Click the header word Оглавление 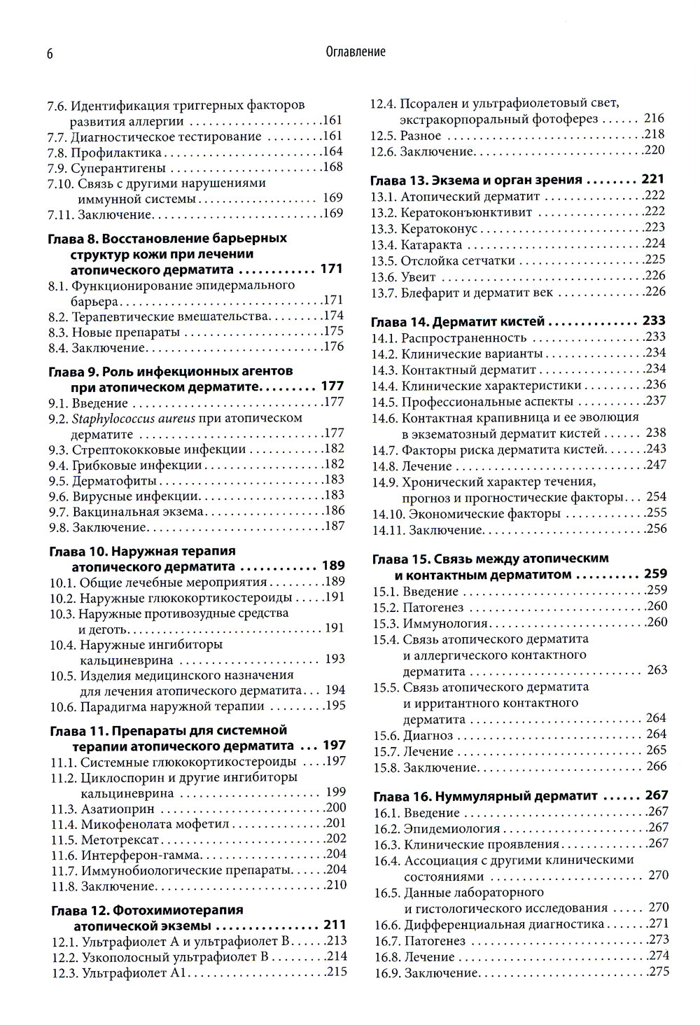pyautogui.click(x=356, y=52)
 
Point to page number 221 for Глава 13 pyautogui.click(x=653, y=180)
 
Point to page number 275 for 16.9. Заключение pyautogui.click(x=658, y=972)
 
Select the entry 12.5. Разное pyautogui.click(x=405, y=135)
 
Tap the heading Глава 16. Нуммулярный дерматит pyautogui.click(x=485, y=796)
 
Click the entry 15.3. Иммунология pyautogui.click(x=430, y=623)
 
